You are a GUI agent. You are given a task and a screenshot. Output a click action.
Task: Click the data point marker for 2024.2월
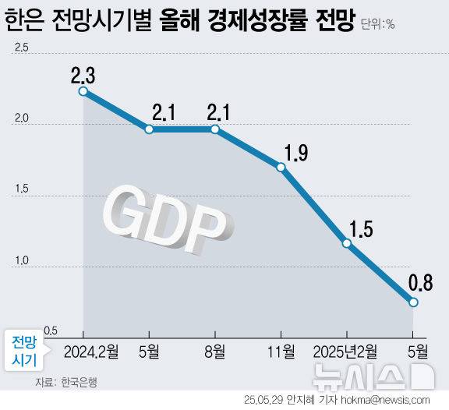pos(83,91)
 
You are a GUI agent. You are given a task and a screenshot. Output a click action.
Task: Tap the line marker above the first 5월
pos(148,129)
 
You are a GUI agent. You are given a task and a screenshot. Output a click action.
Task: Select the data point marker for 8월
pos(214,129)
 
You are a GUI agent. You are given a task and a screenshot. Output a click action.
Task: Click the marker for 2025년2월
pos(347,243)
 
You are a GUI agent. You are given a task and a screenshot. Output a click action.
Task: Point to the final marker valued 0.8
pos(414,302)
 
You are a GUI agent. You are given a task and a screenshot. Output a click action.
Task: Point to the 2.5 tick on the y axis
pos(21,49)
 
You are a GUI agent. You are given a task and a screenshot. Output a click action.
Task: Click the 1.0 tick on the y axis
pos(21,260)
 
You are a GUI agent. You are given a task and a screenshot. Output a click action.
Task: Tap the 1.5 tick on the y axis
pos(21,189)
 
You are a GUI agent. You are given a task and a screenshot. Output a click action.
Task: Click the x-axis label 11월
pos(281,351)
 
